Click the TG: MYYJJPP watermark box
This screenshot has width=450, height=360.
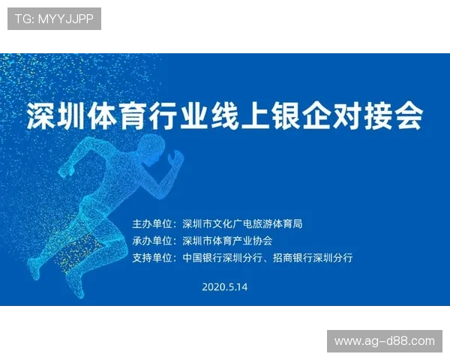54,19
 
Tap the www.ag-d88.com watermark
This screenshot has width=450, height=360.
384,341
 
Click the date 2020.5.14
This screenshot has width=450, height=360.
225,286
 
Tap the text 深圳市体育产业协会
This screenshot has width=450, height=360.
227,241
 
